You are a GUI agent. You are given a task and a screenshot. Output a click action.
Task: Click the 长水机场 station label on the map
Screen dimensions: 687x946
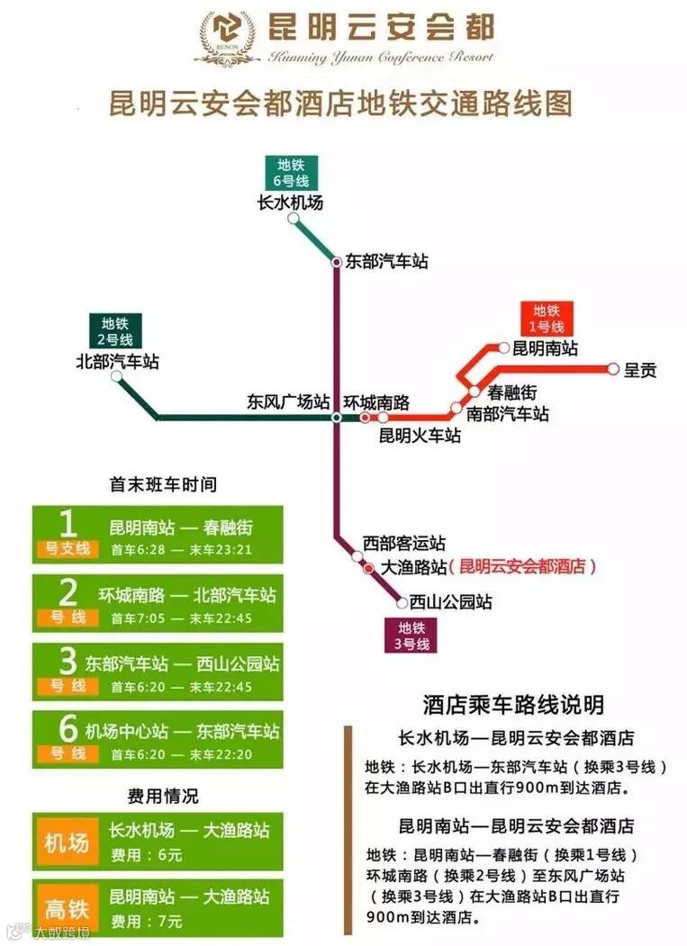tap(290, 203)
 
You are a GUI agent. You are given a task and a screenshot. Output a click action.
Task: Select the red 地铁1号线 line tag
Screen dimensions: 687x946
tap(547, 319)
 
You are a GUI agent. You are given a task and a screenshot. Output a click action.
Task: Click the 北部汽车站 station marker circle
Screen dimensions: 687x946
tap(116, 376)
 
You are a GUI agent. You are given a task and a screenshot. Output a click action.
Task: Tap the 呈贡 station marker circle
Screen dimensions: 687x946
tap(613, 369)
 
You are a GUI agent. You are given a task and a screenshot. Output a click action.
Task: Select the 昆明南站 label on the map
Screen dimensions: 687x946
tap(545, 348)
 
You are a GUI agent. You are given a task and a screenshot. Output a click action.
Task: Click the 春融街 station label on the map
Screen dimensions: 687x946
tap(512, 392)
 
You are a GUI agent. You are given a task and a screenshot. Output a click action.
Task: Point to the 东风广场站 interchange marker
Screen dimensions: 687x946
tap(336, 418)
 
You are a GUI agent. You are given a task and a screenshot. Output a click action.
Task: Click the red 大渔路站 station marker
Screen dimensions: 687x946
tap(368, 568)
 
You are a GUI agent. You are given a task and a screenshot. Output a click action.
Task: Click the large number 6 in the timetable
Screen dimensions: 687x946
tap(68, 727)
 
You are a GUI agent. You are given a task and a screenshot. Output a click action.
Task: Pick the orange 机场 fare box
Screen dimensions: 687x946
tap(68, 843)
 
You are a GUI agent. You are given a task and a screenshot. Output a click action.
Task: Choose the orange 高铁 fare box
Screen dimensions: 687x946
tap(68, 907)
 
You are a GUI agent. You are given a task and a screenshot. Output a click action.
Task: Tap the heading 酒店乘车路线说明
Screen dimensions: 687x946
tap(513, 704)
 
